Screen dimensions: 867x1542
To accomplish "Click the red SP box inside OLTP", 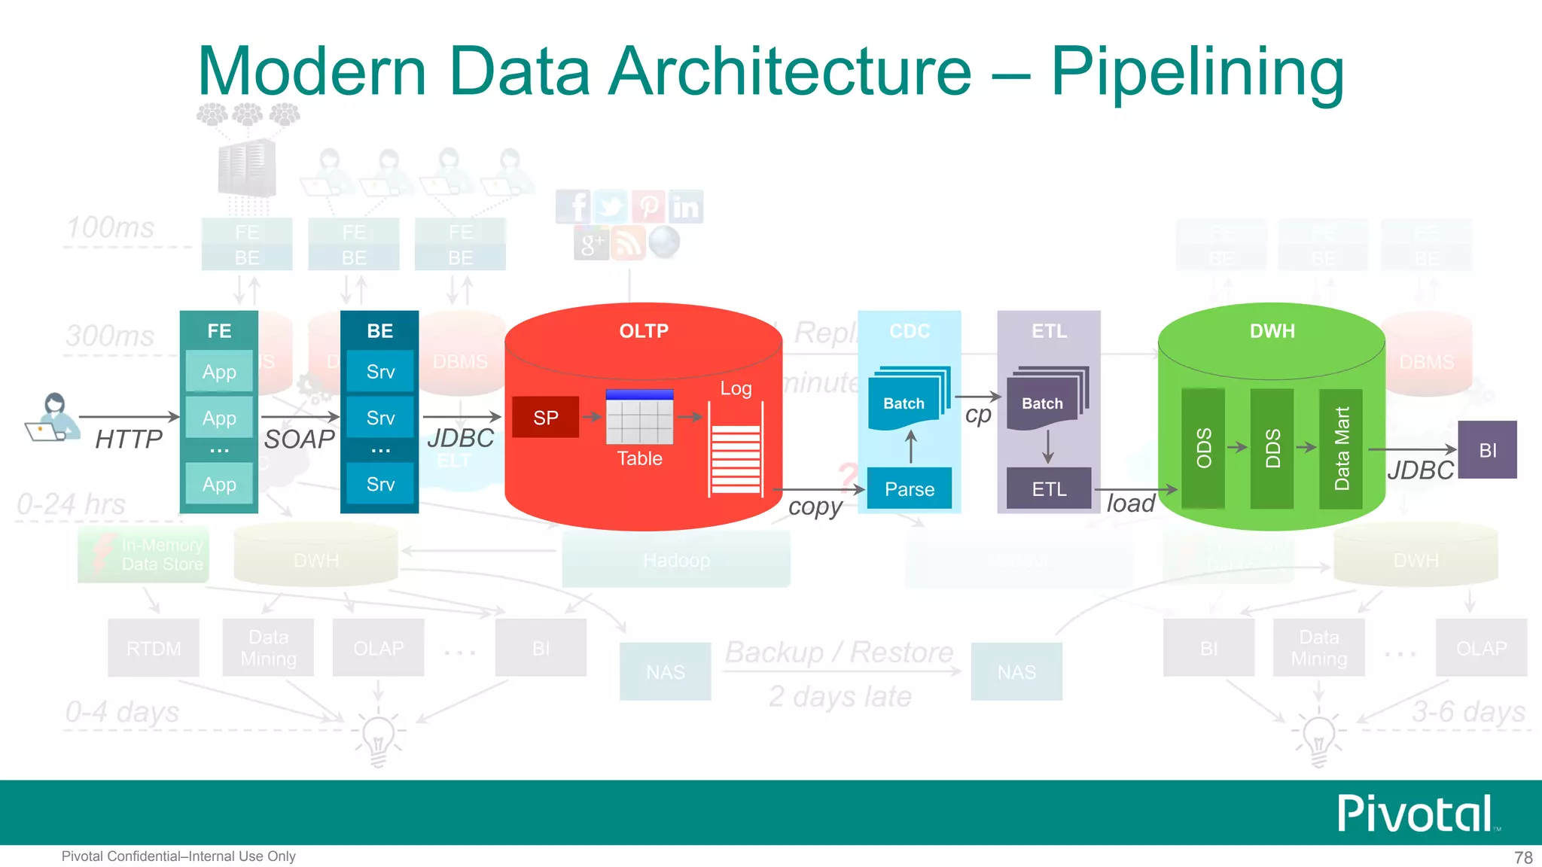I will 545,417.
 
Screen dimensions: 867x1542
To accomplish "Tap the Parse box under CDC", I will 909,488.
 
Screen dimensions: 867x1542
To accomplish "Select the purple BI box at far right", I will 1487,450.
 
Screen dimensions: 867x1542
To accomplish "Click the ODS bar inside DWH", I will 1203,448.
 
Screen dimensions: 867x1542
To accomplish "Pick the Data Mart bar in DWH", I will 1341,448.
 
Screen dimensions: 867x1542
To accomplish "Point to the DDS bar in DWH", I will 1272,448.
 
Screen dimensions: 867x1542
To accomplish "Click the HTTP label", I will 128,439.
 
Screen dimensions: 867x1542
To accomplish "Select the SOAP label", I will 299,439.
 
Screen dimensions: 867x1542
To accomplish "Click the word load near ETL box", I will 1130,503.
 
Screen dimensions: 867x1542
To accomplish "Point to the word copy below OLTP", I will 815,507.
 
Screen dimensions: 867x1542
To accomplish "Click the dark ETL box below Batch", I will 1048,488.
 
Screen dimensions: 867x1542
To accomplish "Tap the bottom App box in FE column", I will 219,484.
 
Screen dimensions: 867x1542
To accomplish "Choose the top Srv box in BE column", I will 380,371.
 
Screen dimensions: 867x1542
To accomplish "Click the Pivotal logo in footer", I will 1416,813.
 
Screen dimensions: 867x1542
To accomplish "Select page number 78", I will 1523,857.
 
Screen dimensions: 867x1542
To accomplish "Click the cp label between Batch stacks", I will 977,415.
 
